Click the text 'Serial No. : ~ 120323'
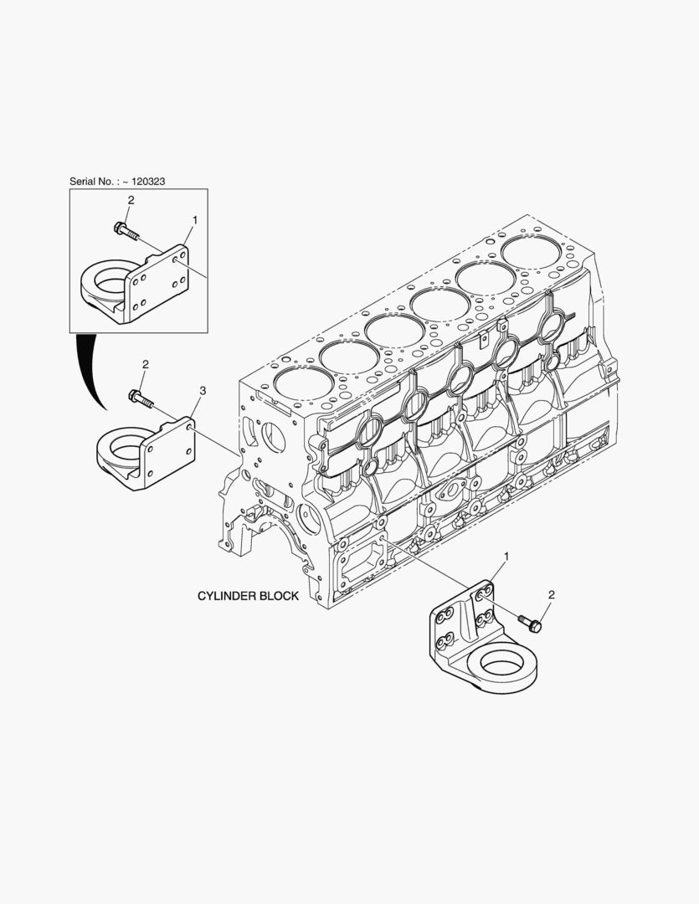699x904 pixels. point(117,181)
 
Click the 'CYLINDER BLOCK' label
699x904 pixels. point(248,596)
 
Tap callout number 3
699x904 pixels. point(203,391)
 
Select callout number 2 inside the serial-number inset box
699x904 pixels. point(131,200)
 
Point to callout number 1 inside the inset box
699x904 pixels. point(195,219)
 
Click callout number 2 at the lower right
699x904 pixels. point(552,594)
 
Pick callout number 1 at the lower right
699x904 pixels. point(507,557)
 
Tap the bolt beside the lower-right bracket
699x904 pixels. point(530,624)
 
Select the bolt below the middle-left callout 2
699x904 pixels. point(141,398)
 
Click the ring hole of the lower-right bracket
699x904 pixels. point(503,665)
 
